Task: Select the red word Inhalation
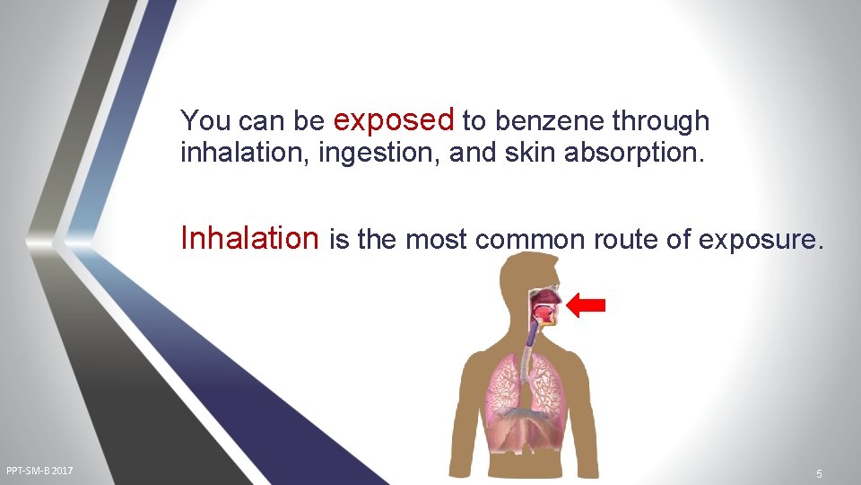(249, 238)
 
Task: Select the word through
(661, 120)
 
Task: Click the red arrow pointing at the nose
(587, 305)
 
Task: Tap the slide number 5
(819, 472)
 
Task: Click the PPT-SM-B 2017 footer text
(39, 471)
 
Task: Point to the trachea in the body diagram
(531, 338)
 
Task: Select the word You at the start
(203, 120)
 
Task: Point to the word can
(258, 120)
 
